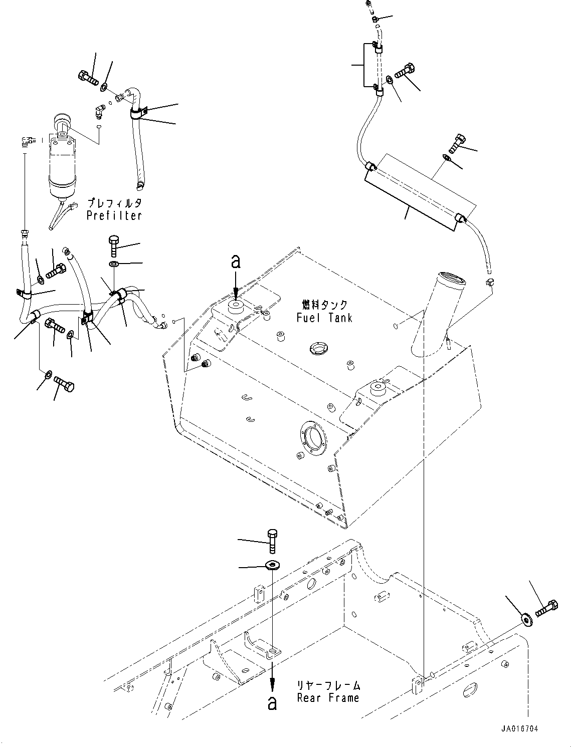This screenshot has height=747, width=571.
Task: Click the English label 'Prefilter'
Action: click(114, 216)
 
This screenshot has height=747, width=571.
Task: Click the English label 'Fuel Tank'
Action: click(324, 318)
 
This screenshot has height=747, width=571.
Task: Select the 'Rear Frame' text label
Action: click(328, 698)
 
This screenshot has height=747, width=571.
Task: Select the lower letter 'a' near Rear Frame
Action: click(272, 702)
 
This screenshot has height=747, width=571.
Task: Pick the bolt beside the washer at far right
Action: click(546, 608)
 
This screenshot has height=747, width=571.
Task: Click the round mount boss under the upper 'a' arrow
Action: click(235, 307)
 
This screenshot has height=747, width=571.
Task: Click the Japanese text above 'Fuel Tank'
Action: click(324, 304)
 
